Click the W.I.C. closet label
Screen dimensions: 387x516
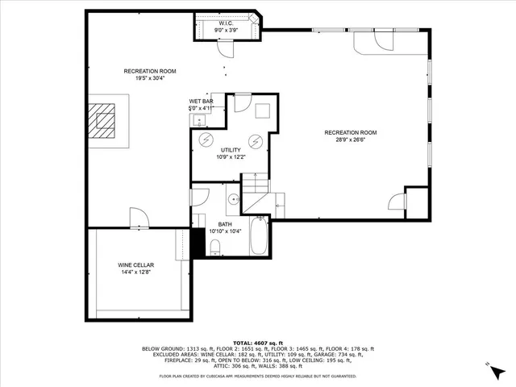[x=227, y=24]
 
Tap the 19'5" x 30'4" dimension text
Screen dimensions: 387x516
[x=146, y=79]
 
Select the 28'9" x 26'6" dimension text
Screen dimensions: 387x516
[x=350, y=140]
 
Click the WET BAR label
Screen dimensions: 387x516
[x=201, y=101]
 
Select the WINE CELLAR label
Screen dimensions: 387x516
[x=135, y=265]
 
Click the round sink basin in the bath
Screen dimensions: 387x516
[x=233, y=198]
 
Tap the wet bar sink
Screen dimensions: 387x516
[x=198, y=121]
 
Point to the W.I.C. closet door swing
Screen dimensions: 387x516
[x=228, y=48]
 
